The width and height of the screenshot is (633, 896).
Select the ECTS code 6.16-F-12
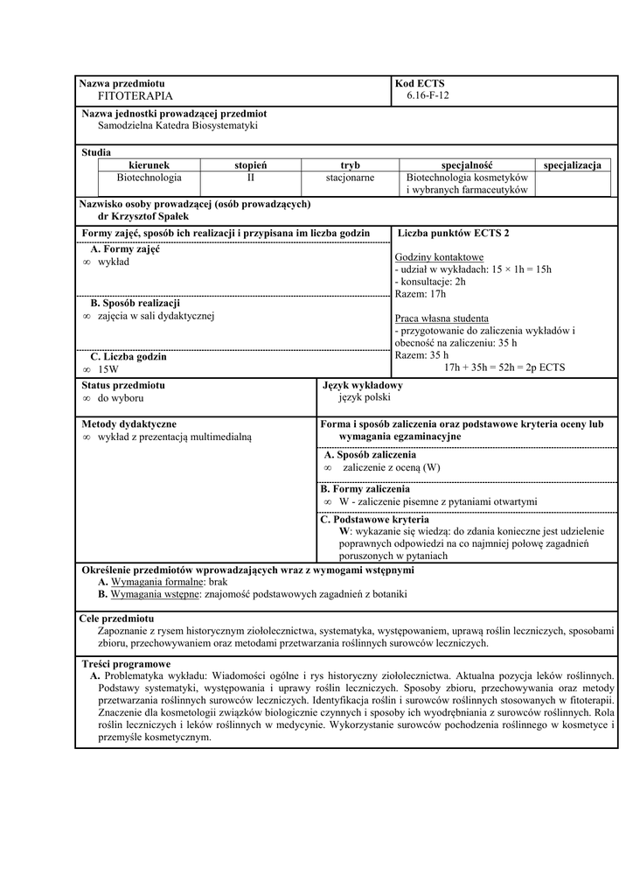click(428, 95)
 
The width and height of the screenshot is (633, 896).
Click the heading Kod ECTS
click(420, 83)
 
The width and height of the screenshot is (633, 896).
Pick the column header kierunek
click(149, 164)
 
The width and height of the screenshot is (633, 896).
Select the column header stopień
click(250, 164)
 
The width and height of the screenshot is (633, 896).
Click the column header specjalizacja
click(572, 164)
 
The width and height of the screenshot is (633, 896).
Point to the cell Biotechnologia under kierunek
click(149, 177)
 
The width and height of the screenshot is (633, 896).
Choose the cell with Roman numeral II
click(250, 177)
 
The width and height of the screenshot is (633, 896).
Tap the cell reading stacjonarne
click(350, 177)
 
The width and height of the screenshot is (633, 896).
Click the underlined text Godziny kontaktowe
click(439, 257)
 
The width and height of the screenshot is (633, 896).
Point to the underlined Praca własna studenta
click(442, 318)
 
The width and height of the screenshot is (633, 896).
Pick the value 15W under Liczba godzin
click(108, 370)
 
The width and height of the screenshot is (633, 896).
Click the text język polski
click(365, 397)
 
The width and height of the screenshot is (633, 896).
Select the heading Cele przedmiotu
click(116, 619)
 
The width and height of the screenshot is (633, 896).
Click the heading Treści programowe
click(126, 664)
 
